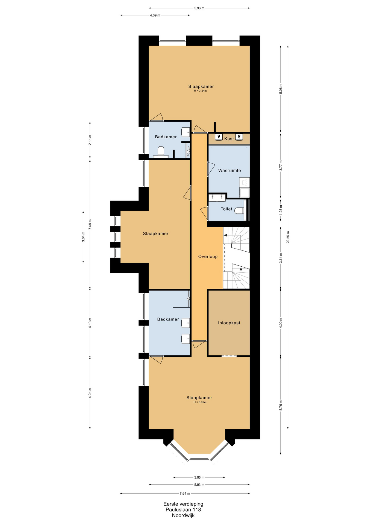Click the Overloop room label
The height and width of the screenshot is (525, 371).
click(208, 256)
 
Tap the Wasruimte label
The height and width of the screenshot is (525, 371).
click(229, 171)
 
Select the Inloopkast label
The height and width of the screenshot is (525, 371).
click(229, 323)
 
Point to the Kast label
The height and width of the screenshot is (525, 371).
click(229, 139)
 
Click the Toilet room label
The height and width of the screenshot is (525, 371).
click(226, 209)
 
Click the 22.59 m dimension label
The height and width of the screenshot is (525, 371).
click(288, 237)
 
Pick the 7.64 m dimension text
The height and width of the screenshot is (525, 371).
click(185, 493)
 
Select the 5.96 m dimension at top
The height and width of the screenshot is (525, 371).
click(199, 8)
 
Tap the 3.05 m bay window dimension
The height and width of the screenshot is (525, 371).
click(199, 477)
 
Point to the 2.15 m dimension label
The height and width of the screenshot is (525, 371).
click(90, 140)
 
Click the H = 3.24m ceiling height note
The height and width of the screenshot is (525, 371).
click(200, 91)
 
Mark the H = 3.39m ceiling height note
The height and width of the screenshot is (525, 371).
click(200, 402)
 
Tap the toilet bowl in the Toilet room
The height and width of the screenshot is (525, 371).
click(239, 211)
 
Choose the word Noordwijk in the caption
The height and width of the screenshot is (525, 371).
click(183, 515)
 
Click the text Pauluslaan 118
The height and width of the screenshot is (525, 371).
click(183, 510)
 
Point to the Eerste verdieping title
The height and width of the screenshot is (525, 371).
click(183, 504)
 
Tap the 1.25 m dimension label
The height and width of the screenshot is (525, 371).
click(281, 210)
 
